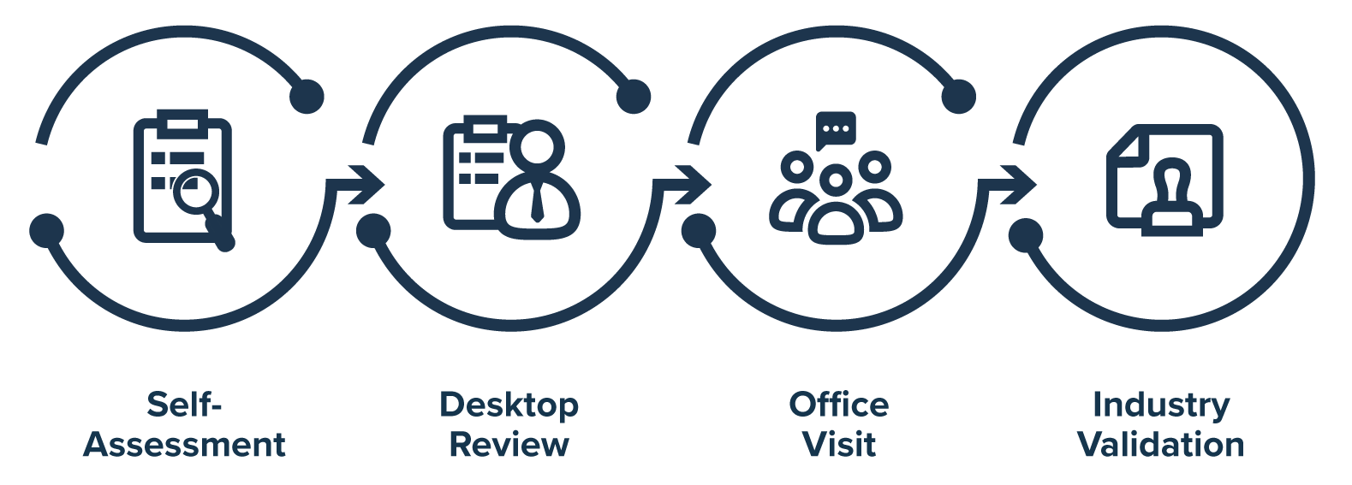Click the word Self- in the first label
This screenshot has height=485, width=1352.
click(184, 404)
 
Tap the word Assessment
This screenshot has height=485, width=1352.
click(184, 445)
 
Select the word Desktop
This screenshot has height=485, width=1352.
click(509, 404)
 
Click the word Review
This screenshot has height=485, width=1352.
click(509, 445)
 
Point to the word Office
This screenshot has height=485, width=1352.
click(838, 404)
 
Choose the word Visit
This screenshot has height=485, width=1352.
click(838, 445)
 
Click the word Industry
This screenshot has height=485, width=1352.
click(1160, 404)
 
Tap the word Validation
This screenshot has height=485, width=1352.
click(1160, 445)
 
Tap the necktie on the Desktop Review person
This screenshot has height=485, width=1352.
click(537, 204)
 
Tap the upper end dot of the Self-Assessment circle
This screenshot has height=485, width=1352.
click(307, 96)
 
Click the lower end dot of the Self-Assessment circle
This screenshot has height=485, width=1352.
click(47, 230)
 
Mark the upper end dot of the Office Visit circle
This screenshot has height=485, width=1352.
click(958, 96)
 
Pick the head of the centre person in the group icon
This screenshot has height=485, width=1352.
click(836, 180)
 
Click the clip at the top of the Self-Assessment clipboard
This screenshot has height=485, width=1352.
click(182, 119)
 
